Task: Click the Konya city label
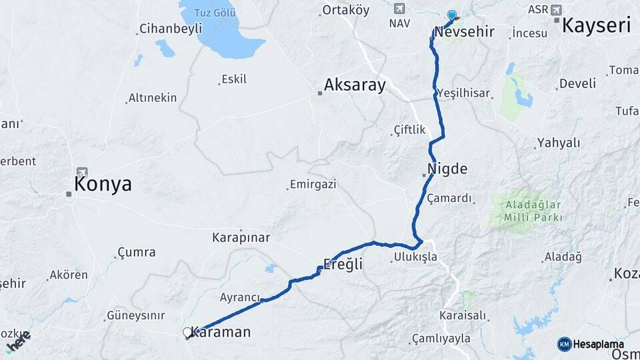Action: pos(103,185)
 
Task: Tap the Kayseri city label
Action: pos(596,25)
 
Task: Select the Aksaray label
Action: pos(355,85)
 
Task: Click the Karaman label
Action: pos(221,331)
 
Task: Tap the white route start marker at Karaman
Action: pos(187,332)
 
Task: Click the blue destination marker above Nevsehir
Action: pos(452,15)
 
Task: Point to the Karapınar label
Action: pos(241,237)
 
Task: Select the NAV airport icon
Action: pos(399,9)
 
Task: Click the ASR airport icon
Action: pos(556,9)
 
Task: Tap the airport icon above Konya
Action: pos(82,172)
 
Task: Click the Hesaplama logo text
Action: pos(593,344)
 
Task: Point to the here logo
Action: pos(18,341)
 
